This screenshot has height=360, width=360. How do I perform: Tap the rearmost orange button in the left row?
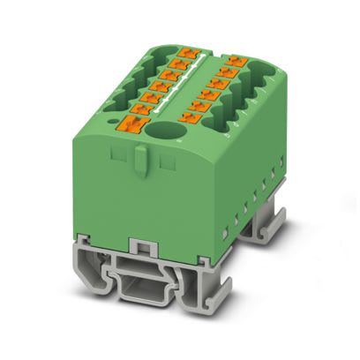click(184, 56)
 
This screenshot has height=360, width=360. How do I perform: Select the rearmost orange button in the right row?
click(235, 63)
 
